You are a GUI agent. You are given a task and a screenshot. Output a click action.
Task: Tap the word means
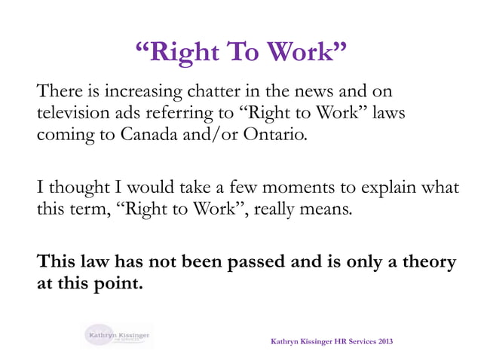329,209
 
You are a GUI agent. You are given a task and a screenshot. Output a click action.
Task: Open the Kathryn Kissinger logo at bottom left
118,334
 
